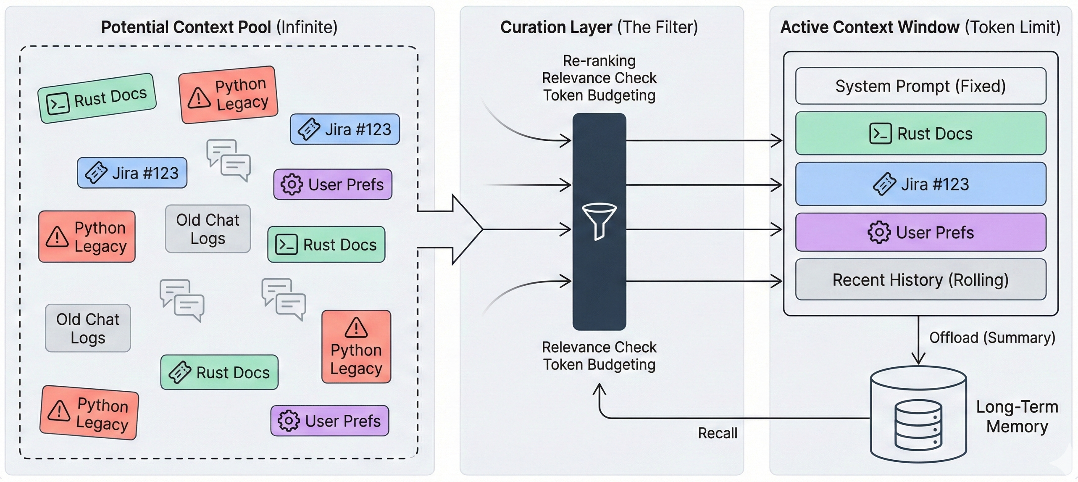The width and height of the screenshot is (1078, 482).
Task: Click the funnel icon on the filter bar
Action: click(x=599, y=221)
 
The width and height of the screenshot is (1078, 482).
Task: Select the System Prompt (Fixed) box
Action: click(x=920, y=86)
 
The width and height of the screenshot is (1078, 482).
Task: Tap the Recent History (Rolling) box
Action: click(x=920, y=279)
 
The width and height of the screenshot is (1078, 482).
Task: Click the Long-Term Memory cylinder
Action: click(x=918, y=414)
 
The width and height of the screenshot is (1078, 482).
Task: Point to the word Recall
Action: click(x=717, y=433)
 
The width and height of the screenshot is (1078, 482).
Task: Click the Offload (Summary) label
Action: click(x=992, y=337)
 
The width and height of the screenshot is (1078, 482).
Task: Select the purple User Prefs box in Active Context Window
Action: click(x=920, y=232)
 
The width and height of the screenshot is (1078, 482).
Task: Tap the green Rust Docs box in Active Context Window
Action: click(x=920, y=134)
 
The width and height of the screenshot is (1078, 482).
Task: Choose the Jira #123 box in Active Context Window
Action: click(x=920, y=184)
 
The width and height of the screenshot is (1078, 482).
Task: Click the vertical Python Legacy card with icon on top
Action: click(x=356, y=347)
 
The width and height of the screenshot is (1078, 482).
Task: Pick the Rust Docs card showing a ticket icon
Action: click(x=219, y=372)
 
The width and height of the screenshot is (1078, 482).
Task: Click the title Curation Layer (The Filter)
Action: click(x=599, y=27)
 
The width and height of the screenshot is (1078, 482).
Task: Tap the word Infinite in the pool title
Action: click(x=307, y=27)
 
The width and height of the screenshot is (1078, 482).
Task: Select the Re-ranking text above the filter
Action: click(x=599, y=61)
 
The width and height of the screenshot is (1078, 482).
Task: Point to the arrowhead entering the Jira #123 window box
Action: click(x=777, y=184)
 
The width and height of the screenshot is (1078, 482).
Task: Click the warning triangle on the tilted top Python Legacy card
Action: click(x=198, y=98)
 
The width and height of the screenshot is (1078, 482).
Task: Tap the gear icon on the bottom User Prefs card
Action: click(x=289, y=421)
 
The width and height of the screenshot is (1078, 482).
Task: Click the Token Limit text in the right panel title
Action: click(x=1012, y=27)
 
